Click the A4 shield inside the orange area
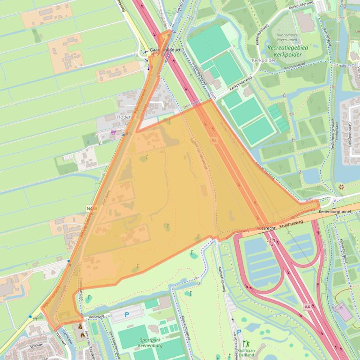[214, 140]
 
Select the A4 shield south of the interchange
[307, 307]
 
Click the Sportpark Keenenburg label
[151, 344]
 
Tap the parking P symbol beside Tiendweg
[126, 315]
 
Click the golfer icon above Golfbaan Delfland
[246, 344]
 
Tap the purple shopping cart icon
[113, 132]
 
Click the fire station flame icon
[83, 335]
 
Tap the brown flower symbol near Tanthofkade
[340, 187]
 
